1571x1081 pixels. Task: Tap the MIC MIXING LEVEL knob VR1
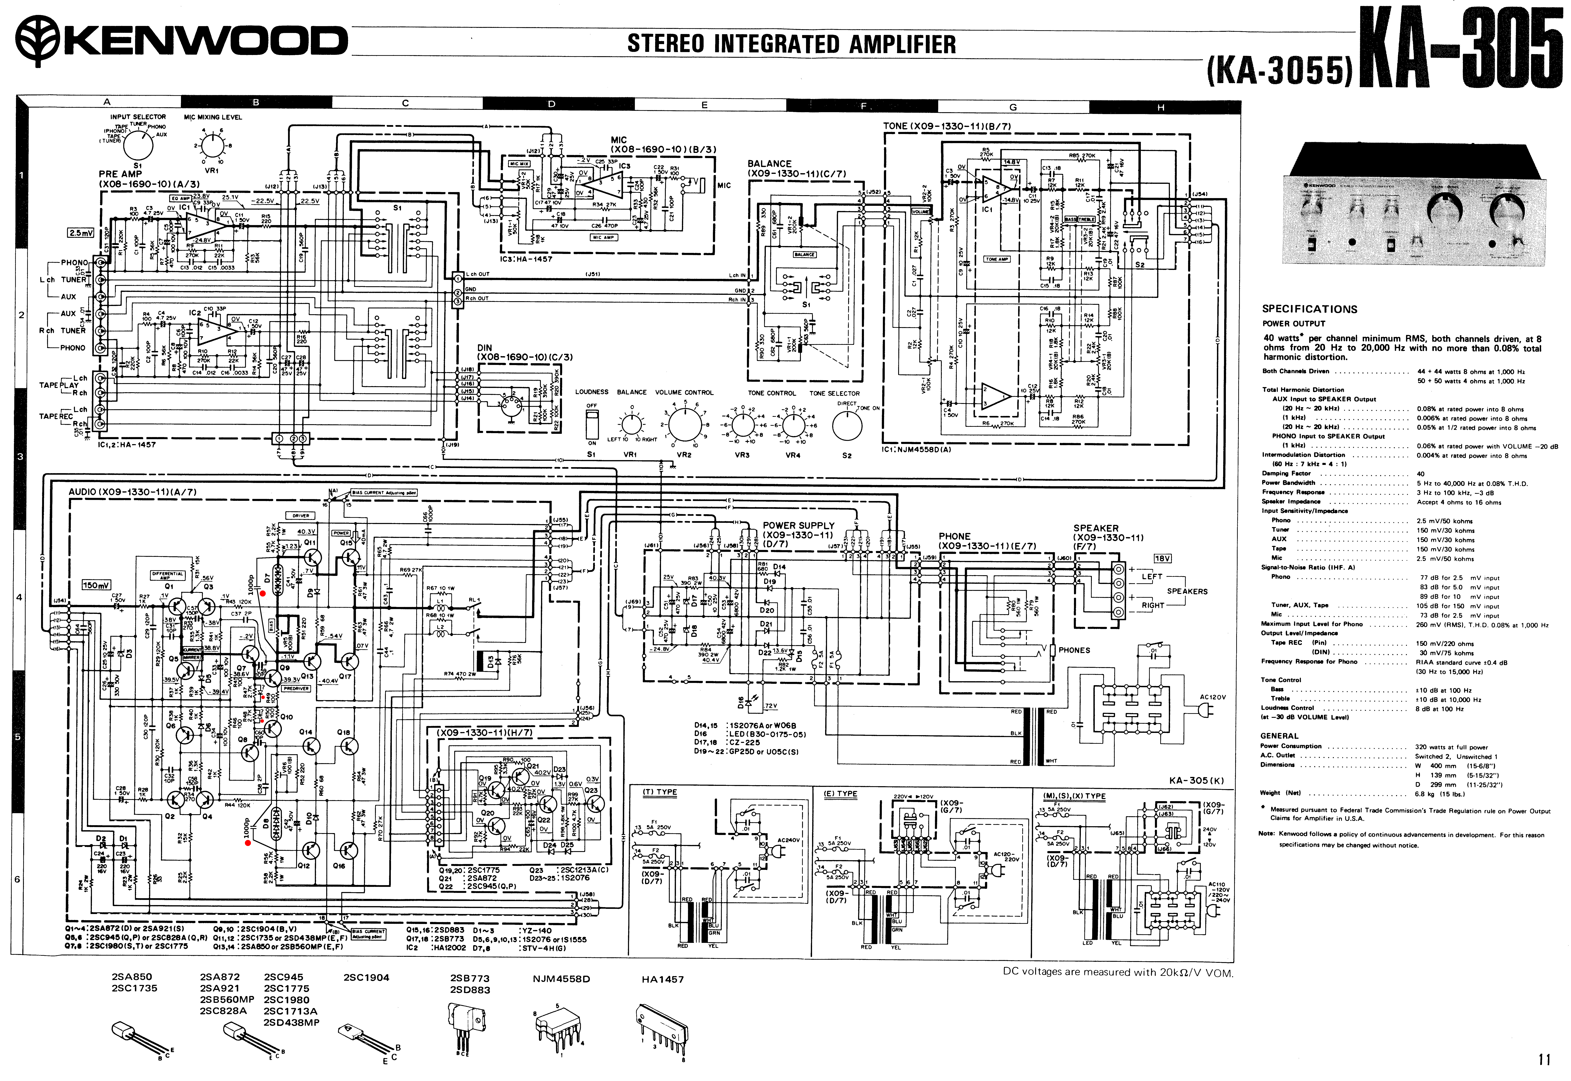coord(212,146)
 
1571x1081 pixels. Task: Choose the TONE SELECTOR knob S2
coord(847,425)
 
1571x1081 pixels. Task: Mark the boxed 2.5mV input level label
coord(81,233)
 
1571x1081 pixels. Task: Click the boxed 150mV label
coord(96,584)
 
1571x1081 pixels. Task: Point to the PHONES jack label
coord(1074,650)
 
